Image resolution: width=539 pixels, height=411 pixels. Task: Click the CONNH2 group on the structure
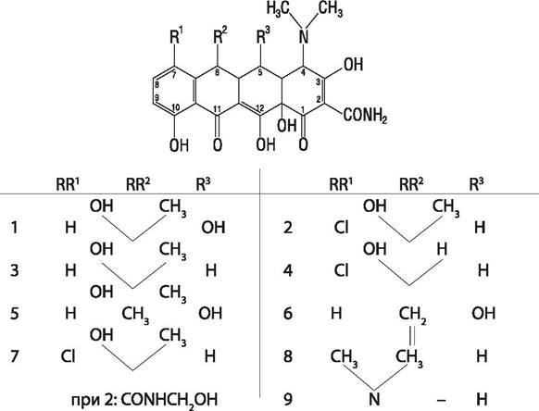[366, 115]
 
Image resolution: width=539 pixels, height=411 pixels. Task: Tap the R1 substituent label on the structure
[177, 36]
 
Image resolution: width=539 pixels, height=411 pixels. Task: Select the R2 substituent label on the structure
[220, 36]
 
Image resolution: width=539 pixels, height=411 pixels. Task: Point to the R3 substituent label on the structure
[263, 36]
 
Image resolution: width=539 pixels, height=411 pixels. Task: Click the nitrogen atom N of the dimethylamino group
[304, 36]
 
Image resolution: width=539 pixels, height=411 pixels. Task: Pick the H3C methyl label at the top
[278, 8]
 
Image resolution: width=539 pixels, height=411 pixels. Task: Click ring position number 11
[217, 109]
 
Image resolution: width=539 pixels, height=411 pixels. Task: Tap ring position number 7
[173, 75]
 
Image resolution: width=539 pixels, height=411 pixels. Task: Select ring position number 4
[303, 73]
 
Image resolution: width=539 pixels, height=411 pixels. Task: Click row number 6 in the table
[288, 314]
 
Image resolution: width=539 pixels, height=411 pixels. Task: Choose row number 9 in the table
[288, 399]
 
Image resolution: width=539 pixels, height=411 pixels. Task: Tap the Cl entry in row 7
[68, 356]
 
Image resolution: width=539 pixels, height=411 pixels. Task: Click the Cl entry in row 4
[342, 270]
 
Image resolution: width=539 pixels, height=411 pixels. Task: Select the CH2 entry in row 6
[412, 315]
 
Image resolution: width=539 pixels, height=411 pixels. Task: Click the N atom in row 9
[374, 399]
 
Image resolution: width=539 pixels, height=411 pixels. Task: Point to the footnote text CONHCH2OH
[169, 400]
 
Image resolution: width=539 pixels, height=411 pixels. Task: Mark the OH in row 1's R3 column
[213, 228]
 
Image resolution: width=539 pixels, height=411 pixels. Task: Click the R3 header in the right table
[476, 185]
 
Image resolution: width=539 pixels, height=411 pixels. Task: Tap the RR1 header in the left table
[68, 185]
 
